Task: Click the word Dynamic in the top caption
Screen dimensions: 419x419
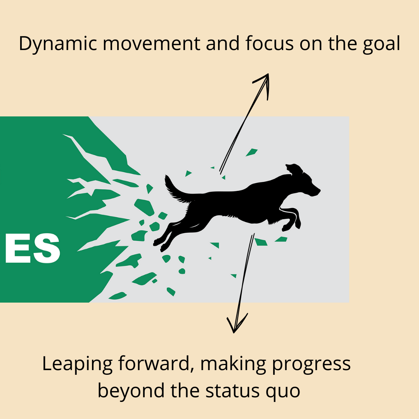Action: [x=58, y=43]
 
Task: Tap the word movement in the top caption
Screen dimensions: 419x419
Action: [x=152, y=43]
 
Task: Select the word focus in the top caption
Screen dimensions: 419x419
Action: [x=270, y=43]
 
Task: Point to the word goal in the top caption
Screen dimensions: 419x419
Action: [x=381, y=44]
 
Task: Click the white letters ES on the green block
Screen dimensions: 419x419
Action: [x=33, y=248]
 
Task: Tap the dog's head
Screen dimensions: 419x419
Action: [x=303, y=181]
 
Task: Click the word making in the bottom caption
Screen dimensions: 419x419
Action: [x=233, y=364]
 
